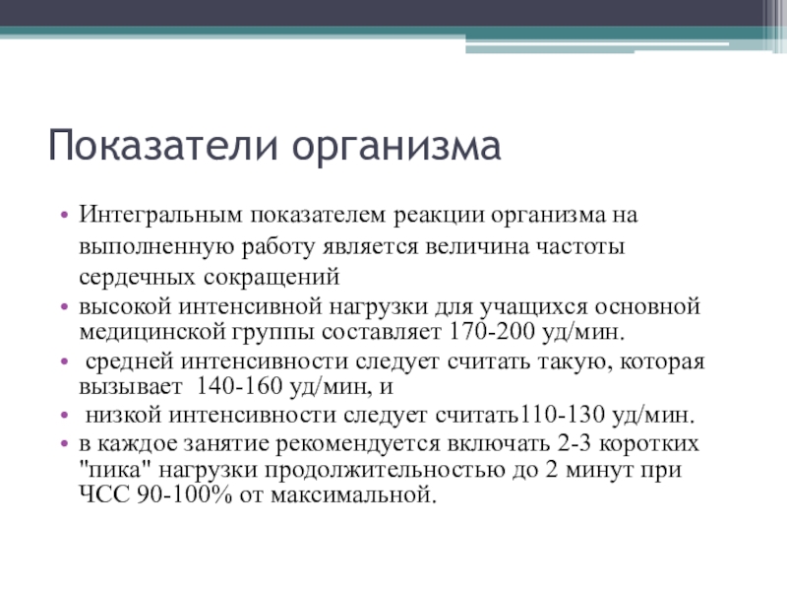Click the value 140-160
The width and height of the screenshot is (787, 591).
click(236, 387)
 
